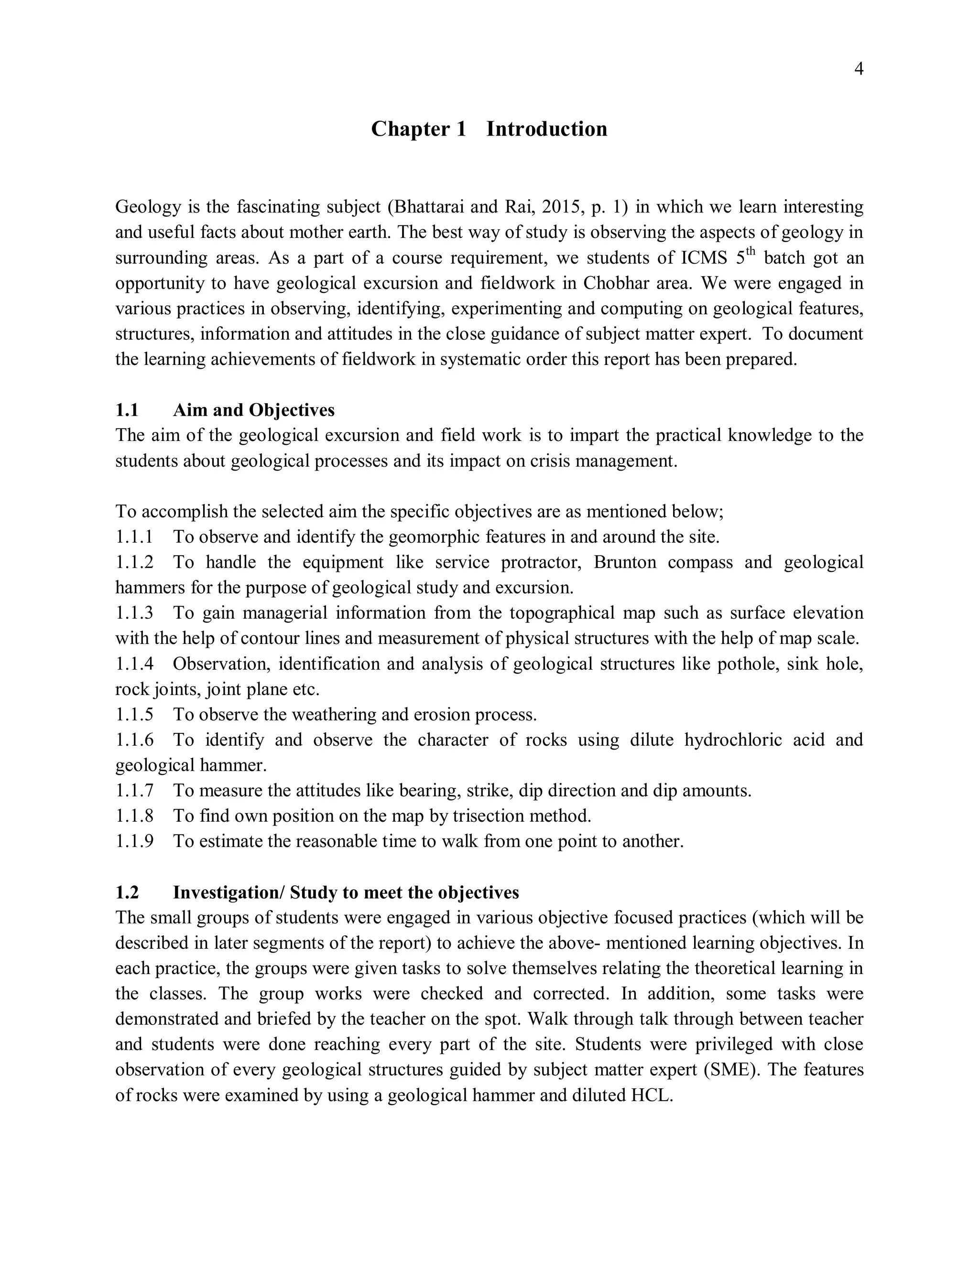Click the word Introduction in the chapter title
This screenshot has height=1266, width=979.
point(546,129)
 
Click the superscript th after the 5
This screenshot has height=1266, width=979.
point(751,252)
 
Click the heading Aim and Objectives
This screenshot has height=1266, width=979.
point(253,410)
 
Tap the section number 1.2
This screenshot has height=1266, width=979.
point(127,893)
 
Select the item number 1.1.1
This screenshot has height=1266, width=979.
point(134,537)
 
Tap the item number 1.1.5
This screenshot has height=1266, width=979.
point(134,715)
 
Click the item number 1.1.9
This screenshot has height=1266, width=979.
point(134,842)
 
